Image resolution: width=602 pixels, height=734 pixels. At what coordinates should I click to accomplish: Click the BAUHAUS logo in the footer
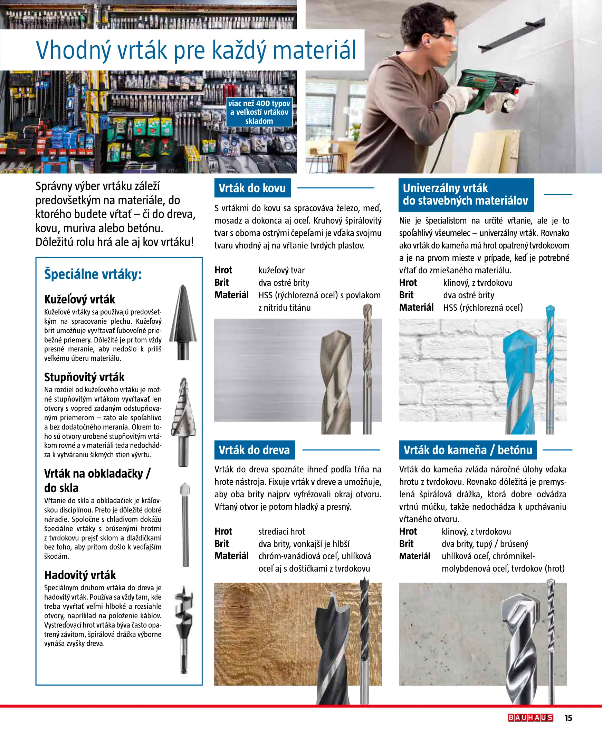pos(530,717)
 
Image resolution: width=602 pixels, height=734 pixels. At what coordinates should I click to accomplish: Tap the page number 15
pos(568,718)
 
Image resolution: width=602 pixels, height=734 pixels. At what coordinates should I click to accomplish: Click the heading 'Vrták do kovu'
pos(252,188)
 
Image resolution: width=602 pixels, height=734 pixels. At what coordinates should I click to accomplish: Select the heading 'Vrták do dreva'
pos(254,450)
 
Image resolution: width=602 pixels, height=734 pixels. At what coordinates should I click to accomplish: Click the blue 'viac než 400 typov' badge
pos(259,112)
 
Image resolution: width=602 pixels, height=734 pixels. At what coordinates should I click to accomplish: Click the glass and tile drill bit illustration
pos(185,524)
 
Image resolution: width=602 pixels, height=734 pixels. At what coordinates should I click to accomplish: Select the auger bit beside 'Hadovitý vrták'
pos(184,628)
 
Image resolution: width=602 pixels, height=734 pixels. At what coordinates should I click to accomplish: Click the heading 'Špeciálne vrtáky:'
pos(93,274)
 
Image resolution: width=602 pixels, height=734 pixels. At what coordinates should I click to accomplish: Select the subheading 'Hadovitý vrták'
pos(80,575)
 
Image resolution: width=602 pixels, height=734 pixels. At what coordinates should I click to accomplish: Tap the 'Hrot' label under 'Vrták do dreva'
pos(223,531)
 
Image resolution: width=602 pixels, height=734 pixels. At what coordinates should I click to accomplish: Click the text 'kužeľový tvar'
pos(281,270)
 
